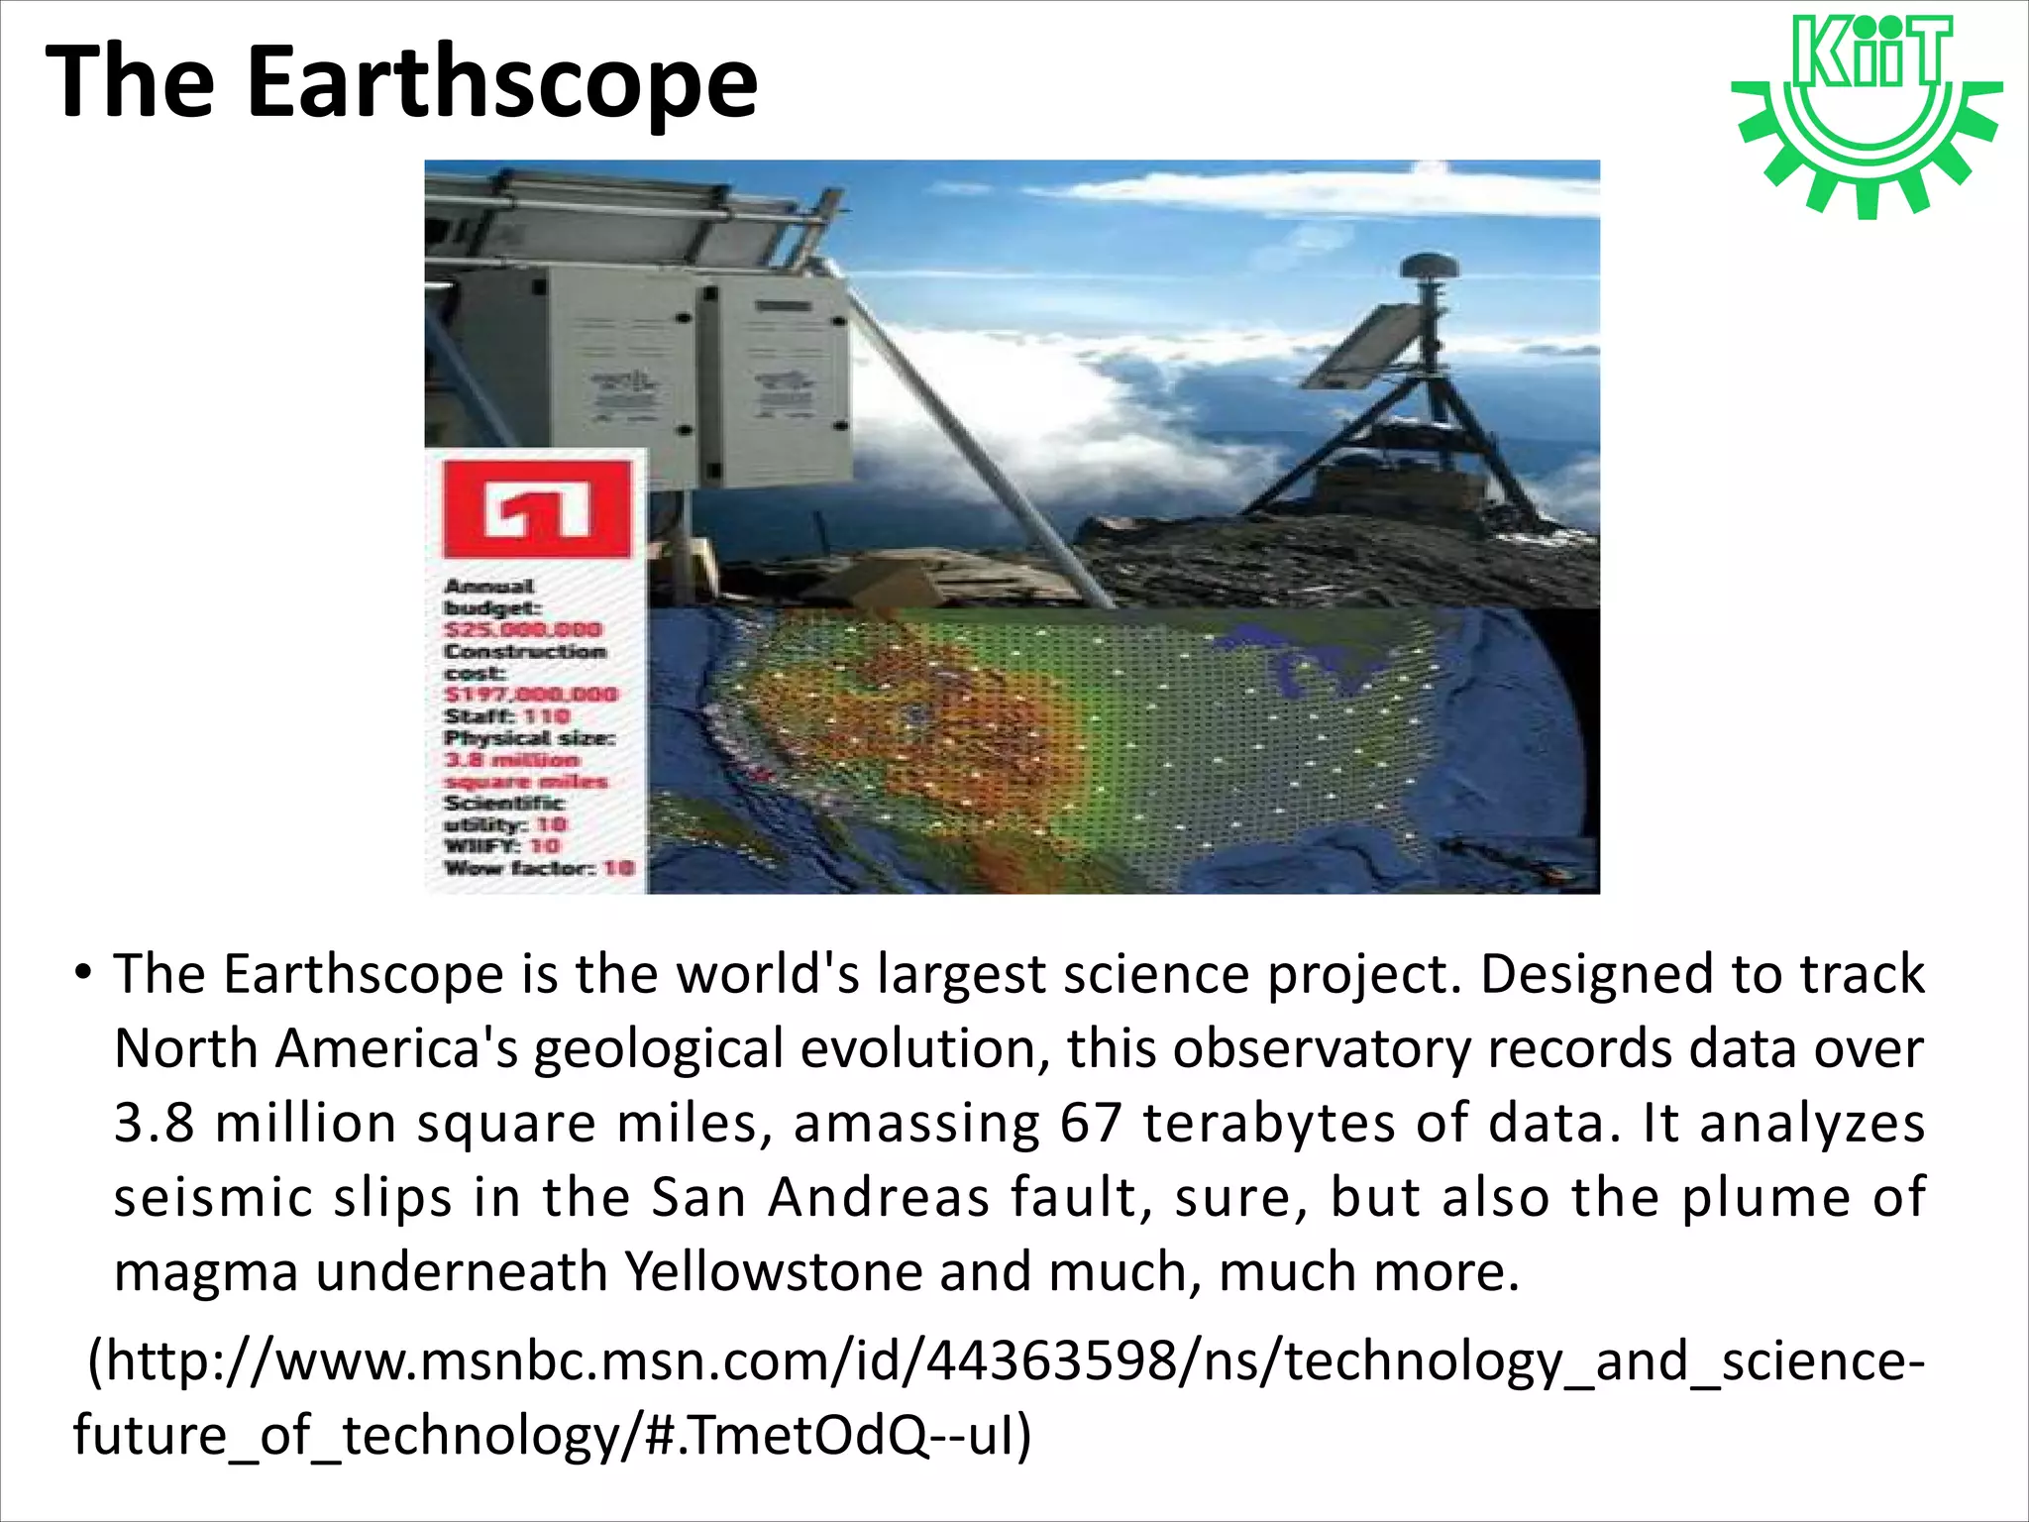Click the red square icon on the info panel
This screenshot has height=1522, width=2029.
coord(537,508)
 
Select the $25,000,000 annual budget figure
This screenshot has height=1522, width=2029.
coord(522,630)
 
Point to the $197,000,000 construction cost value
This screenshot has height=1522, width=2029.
coord(530,695)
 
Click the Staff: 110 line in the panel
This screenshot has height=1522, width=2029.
coord(507,716)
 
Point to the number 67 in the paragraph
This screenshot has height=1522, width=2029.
coord(1091,1124)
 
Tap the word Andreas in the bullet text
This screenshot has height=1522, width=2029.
coord(880,1197)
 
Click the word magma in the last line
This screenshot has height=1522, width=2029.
coord(206,1273)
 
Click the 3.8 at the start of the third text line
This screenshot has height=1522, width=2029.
coord(154,1124)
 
